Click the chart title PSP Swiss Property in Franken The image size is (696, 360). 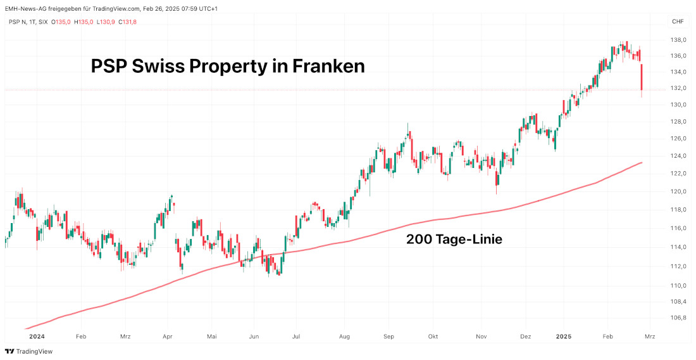(228, 67)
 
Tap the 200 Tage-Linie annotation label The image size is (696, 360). (454, 240)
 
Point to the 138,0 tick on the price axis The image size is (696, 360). (678, 40)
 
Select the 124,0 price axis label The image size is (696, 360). (678, 156)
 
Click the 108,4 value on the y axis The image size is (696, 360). (678, 302)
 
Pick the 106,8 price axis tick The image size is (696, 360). (678, 318)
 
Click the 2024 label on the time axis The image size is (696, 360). (37, 337)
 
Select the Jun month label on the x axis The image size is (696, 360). (254, 337)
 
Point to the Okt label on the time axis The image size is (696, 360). (433, 337)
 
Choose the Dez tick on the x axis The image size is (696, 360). (525, 337)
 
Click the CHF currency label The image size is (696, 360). (678, 22)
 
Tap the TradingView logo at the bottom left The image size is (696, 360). (29, 351)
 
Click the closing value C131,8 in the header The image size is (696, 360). (127, 22)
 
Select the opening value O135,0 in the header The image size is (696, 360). (61, 22)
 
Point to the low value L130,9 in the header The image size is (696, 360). (105, 22)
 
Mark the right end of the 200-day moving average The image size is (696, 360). (642, 163)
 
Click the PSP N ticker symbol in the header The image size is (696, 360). (18, 22)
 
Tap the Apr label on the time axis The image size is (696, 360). (168, 337)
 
